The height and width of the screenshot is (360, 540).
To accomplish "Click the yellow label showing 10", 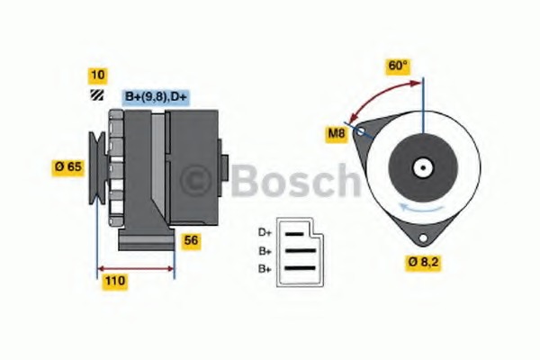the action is (98, 76).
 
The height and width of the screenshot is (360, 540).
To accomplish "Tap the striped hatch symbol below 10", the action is (97, 95).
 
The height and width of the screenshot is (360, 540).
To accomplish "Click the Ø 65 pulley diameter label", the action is (68, 167).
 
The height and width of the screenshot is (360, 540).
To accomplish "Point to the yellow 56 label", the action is (191, 241).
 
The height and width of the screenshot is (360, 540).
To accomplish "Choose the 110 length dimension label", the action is (114, 282).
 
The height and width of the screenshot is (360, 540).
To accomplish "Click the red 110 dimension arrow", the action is (136, 269).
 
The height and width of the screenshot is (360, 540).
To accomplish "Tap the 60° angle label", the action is (398, 66).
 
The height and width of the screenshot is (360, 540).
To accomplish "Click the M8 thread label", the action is (337, 134).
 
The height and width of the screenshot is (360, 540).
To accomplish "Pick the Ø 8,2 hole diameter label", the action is (423, 263).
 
